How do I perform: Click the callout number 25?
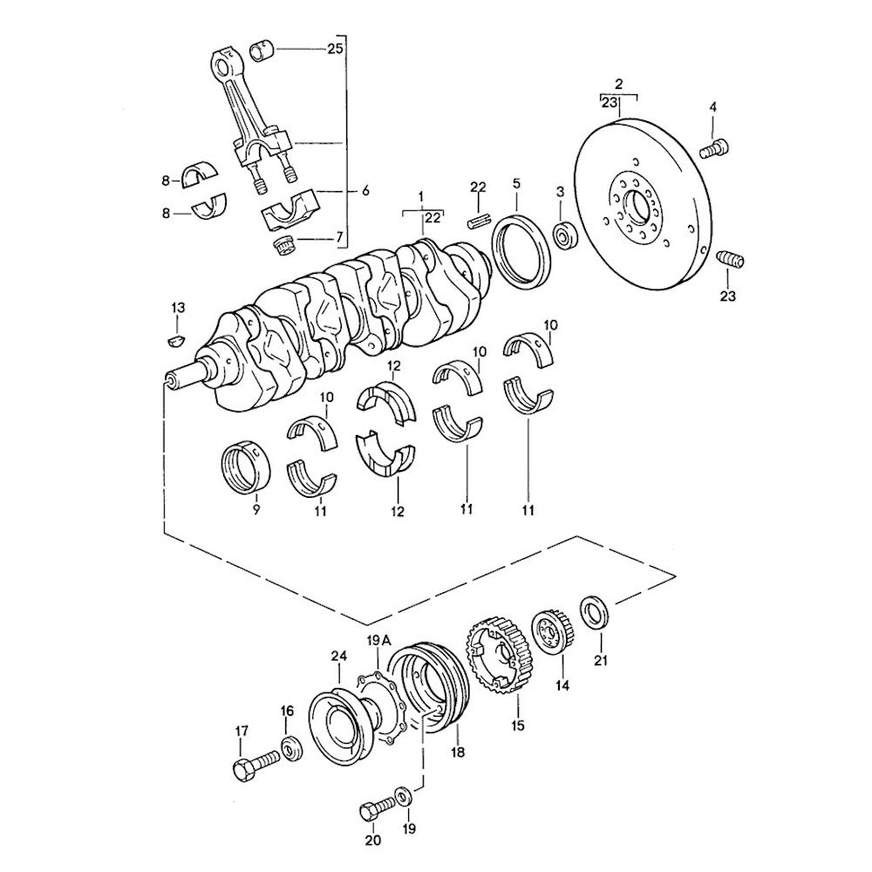[x=335, y=49]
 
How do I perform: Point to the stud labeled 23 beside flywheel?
[x=729, y=259]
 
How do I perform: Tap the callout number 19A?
[x=378, y=642]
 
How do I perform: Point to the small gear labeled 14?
[x=552, y=631]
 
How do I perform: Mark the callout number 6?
[x=364, y=190]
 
